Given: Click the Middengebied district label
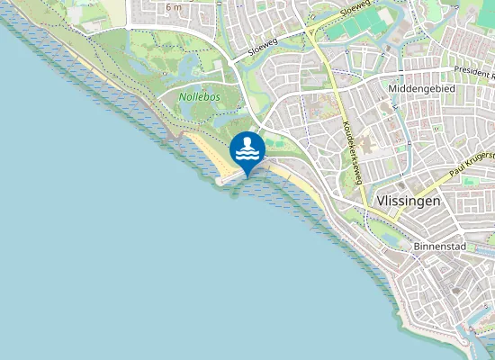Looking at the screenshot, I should tap(423, 88).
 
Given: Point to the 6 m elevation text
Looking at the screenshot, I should tap(174, 6).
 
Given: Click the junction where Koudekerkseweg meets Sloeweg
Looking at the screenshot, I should tap(311, 31).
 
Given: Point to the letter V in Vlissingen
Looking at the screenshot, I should tap(380, 201).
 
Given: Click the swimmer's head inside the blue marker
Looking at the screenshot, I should tap(247, 141).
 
